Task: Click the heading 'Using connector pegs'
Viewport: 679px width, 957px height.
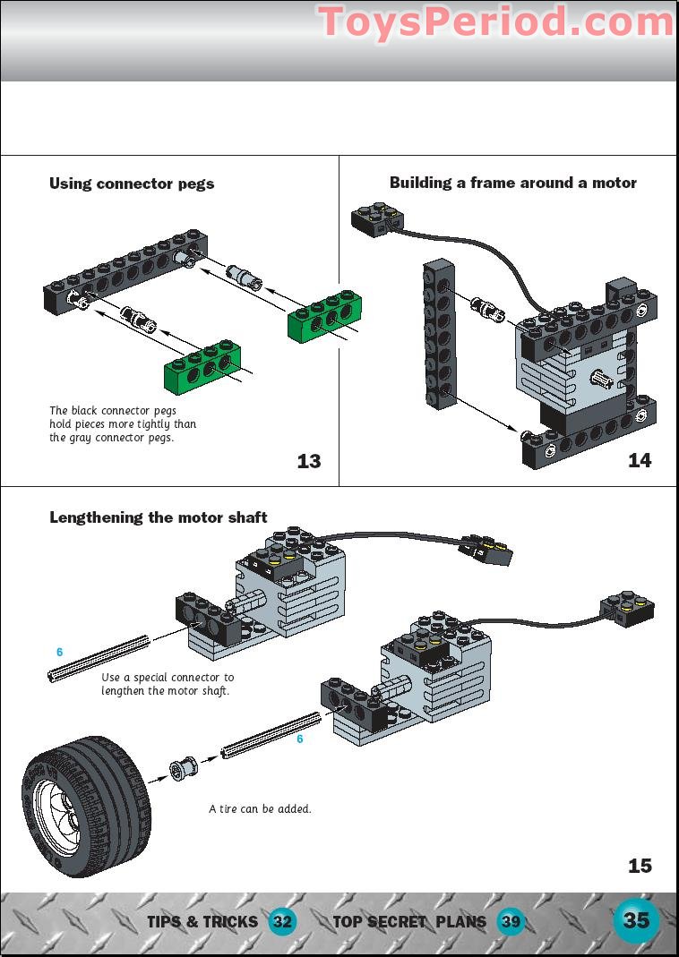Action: [132, 184]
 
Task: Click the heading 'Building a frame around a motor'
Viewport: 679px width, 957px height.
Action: [512, 183]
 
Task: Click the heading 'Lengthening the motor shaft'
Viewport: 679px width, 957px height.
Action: [158, 517]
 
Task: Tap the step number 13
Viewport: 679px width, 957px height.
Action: [308, 462]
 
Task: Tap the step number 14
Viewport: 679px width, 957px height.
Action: [640, 461]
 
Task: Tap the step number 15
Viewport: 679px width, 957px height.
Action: [640, 866]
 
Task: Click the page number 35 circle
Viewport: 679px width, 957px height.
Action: [636, 920]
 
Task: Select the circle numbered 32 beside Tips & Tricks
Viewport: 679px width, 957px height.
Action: [283, 921]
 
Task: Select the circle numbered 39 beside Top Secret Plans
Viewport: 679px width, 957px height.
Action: [511, 921]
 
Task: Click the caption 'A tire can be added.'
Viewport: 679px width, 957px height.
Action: [260, 808]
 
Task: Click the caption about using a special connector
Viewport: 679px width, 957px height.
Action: [167, 684]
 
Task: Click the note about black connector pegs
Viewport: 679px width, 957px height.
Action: [123, 424]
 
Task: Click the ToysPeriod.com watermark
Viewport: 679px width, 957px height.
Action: [495, 21]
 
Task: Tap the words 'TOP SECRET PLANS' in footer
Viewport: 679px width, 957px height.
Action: [409, 921]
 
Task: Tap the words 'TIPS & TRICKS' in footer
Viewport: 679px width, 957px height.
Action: [202, 921]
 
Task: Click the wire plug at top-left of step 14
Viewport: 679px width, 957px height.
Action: [374, 218]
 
